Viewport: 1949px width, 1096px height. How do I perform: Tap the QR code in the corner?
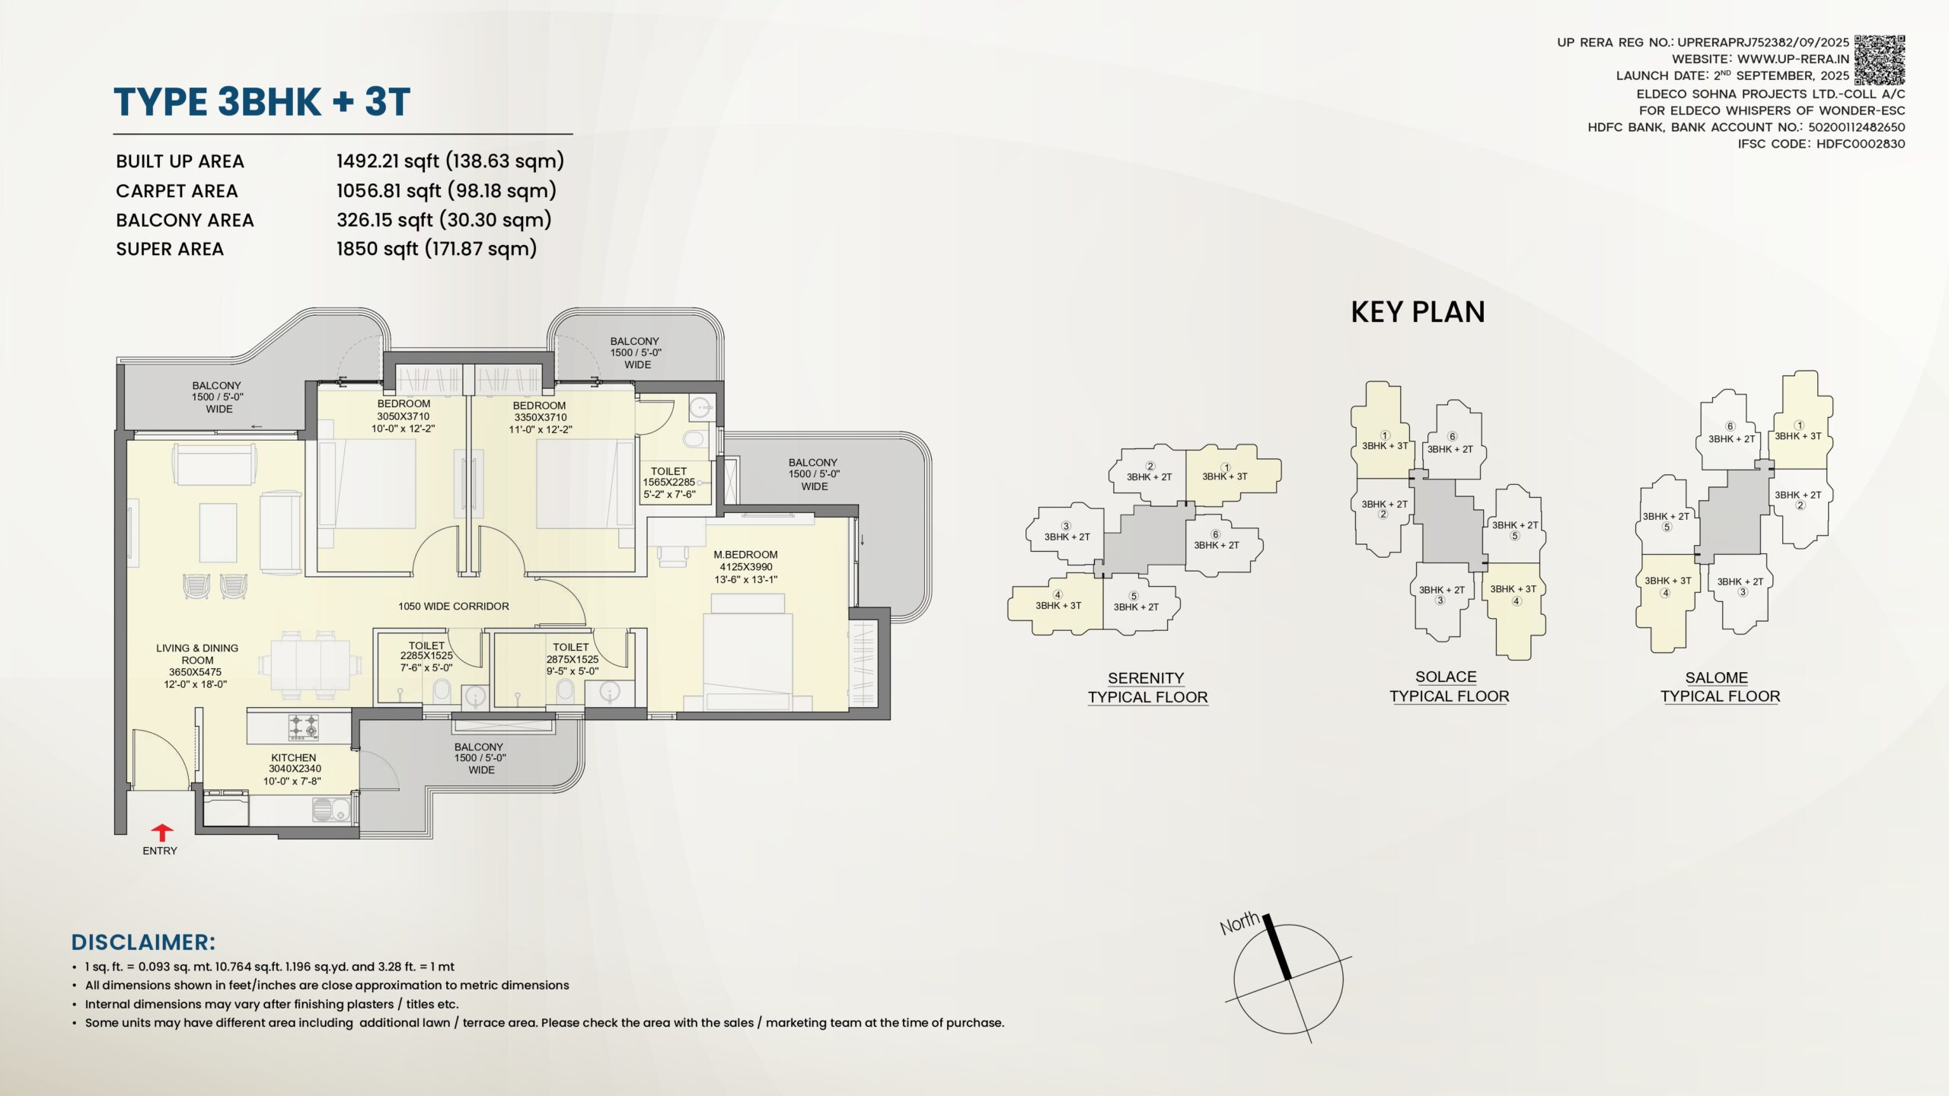(x=1879, y=60)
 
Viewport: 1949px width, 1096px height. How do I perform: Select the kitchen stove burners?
(x=302, y=727)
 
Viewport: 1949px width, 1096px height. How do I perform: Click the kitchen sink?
(x=330, y=809)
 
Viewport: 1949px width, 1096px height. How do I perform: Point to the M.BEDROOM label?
(x=745, y=555)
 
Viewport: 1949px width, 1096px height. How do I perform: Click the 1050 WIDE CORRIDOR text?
(x=454, y=607)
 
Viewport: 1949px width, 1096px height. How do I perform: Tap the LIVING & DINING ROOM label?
(x=197, y=654)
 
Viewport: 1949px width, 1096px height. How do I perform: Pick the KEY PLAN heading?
(x=1418, y=312)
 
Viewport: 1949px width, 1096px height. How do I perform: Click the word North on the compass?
(x=1239, y=922)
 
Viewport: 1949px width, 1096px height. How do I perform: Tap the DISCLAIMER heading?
(x=143, y=942)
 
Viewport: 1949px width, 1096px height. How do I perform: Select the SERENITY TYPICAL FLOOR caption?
(x=1147, y=688)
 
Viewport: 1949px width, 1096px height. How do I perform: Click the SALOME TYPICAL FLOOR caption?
(x=1720, y=687)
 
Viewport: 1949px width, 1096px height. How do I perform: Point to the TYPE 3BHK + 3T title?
(x=262, y=102)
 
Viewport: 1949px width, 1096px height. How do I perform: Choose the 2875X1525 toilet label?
(x=573, y=659)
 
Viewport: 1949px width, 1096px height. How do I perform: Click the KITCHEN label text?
(x=293, y=758)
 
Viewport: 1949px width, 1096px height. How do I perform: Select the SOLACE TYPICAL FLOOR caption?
(x=1449, y=687)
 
